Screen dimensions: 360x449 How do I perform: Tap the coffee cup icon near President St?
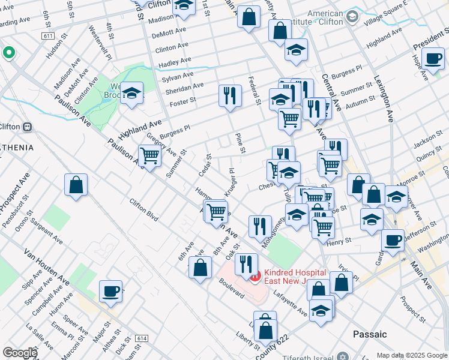click(x=432, y=58)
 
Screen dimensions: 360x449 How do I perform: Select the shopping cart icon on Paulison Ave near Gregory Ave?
click(x=149, y=156)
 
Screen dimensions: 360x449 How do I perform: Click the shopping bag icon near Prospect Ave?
click(x=76, y=185)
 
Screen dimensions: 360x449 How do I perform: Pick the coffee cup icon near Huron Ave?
click(x=110, y=291)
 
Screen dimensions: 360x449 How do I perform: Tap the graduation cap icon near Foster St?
click(x=131, y=93)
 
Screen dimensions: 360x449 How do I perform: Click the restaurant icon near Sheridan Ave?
click(x=230, y=95)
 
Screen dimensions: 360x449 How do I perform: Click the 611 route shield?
click(x=48, y=36)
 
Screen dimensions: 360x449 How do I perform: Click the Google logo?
click(x=20, y=353)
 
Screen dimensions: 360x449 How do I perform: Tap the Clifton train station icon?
click(x=27, y=127)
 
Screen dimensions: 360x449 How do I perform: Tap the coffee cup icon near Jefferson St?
click(x=393, y=240)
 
